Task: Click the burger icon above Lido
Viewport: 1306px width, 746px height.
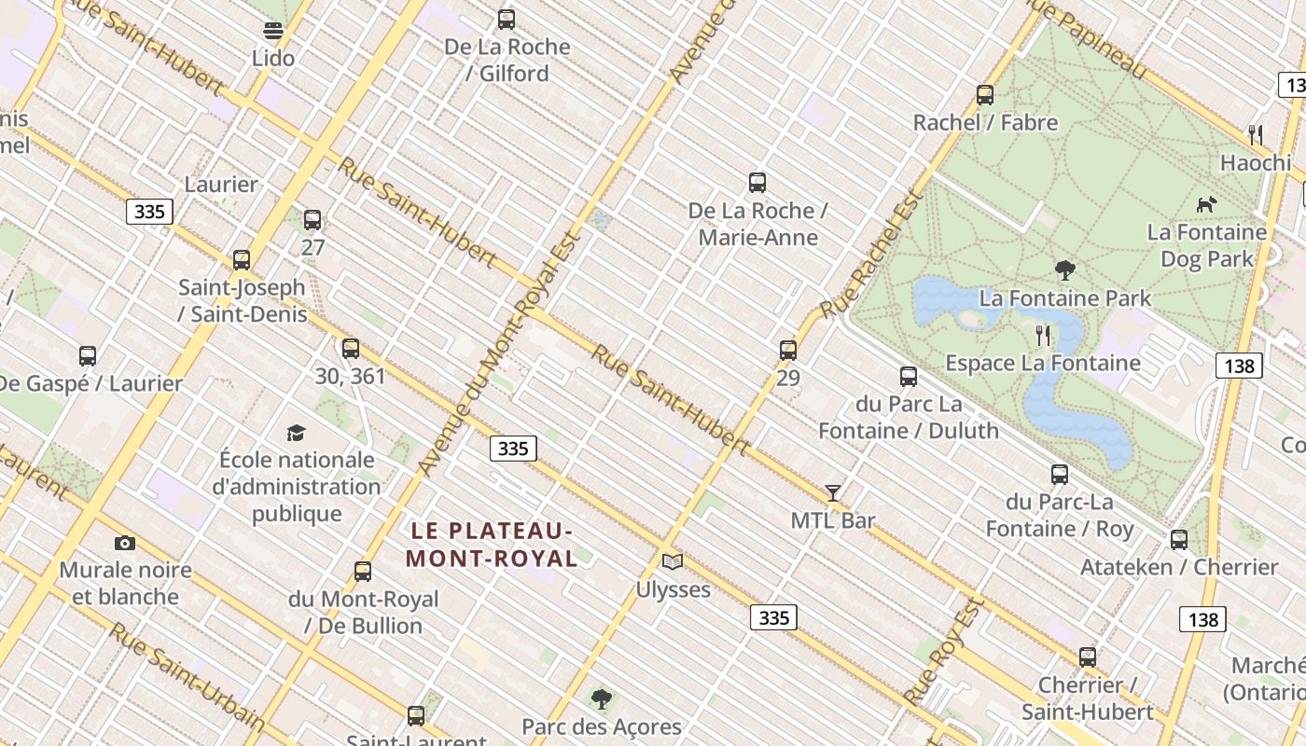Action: tap(273, 31)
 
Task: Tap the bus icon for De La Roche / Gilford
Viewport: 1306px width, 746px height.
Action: tap(507, 19)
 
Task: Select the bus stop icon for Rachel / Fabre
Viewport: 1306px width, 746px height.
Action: tap(985, 95)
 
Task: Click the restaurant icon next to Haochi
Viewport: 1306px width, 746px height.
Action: tap(1256, 134)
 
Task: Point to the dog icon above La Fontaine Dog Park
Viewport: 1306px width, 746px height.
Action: tap(1206, 203)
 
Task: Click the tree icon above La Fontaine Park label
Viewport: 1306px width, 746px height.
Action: tap(1064, 270)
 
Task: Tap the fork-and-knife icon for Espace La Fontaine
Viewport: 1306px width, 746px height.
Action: tap(1043, 335)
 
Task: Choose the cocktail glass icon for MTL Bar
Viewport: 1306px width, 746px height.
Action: tap(833, 492)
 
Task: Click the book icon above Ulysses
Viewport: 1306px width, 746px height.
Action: tap(673, 561)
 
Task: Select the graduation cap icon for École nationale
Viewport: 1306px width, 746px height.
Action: tap(296, 432)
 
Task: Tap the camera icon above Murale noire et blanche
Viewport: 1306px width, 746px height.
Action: tap(124, 543)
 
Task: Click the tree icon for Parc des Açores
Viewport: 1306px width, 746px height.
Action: tap(602, 698)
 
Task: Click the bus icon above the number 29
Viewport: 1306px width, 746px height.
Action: tap(788, 351)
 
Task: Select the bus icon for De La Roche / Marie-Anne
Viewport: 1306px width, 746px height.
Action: tap(757, 183)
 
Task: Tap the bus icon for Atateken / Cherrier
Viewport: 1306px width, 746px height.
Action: tap(1179, 539)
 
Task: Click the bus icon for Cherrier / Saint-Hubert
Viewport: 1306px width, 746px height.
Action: tap(1088, 656)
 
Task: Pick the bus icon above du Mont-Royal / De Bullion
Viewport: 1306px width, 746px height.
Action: tap(363, 571)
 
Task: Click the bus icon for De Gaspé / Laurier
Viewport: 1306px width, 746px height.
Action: tap(88, 355)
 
